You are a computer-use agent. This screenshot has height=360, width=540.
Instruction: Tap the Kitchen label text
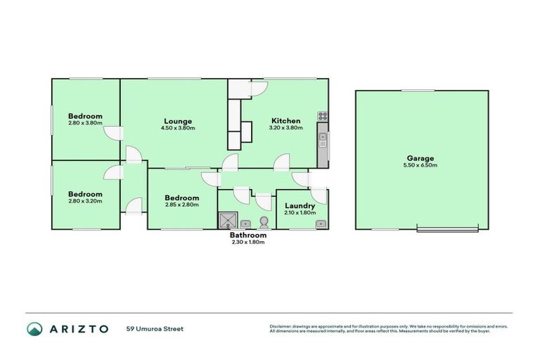(285, 120)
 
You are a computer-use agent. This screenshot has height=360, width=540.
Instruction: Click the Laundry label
(300, 205)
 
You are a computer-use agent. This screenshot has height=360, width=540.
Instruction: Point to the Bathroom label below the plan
(248, 236)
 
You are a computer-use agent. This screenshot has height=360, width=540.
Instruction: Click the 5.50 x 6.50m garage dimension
(420, 166)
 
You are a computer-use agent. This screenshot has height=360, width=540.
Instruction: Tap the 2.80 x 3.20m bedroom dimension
(85, 201)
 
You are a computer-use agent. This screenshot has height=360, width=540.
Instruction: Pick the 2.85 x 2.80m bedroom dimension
(181, 205)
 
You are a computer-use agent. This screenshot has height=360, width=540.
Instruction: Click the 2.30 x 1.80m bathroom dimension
(248, 243)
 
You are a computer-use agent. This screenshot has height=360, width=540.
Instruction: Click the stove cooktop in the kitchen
(323, 116)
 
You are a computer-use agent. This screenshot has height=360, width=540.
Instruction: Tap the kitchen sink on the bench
(323, 139)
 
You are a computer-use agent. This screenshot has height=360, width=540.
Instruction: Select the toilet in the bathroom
(264, 222)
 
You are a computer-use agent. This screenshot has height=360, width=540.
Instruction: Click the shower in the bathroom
(225, 221)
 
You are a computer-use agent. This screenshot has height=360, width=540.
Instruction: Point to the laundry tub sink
(320, 224)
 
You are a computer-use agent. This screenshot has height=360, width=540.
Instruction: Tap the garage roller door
(449, 228)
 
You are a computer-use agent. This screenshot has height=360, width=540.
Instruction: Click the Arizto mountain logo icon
(34, 328)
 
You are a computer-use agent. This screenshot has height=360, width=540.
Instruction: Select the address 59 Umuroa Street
(155, 328)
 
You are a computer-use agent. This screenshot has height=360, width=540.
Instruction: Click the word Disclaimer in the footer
(282, 326)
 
